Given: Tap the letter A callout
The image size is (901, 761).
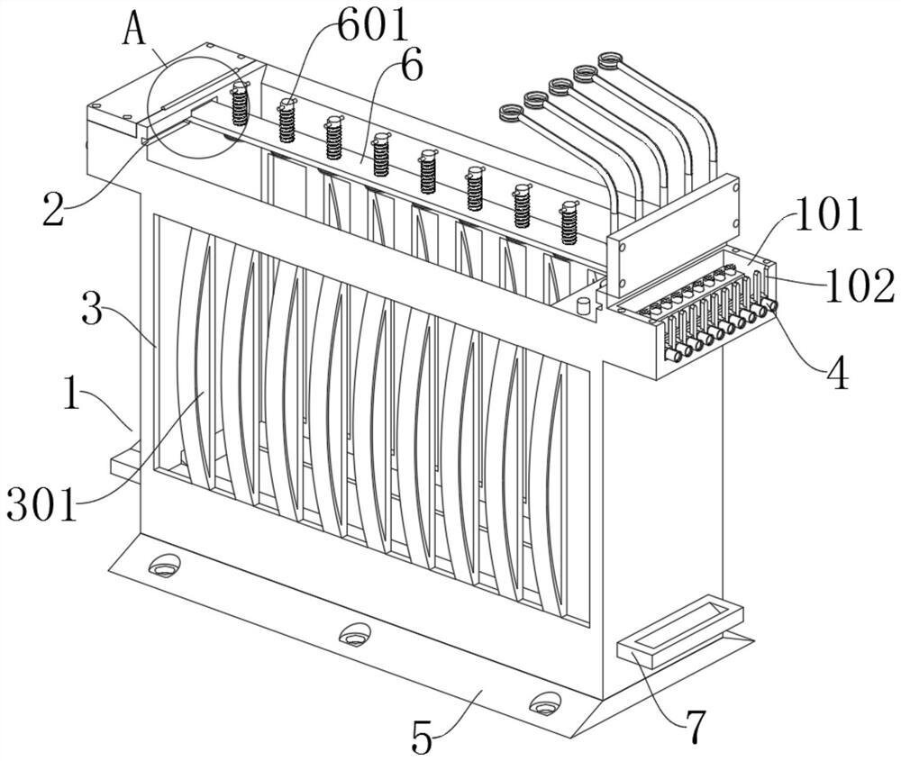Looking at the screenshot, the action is [135, 29].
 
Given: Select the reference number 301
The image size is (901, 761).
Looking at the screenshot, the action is [41, 504].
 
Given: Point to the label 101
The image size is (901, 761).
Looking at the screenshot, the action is [828, 213].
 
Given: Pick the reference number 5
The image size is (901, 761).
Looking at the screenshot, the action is [423, 738].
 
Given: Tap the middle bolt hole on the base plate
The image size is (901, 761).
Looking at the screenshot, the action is [354, 635].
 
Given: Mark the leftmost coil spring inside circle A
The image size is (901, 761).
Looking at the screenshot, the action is [240, 104].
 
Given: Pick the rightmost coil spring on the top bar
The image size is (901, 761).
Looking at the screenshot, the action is [569, 223].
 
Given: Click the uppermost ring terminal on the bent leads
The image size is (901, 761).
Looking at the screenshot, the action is [610, 59].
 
